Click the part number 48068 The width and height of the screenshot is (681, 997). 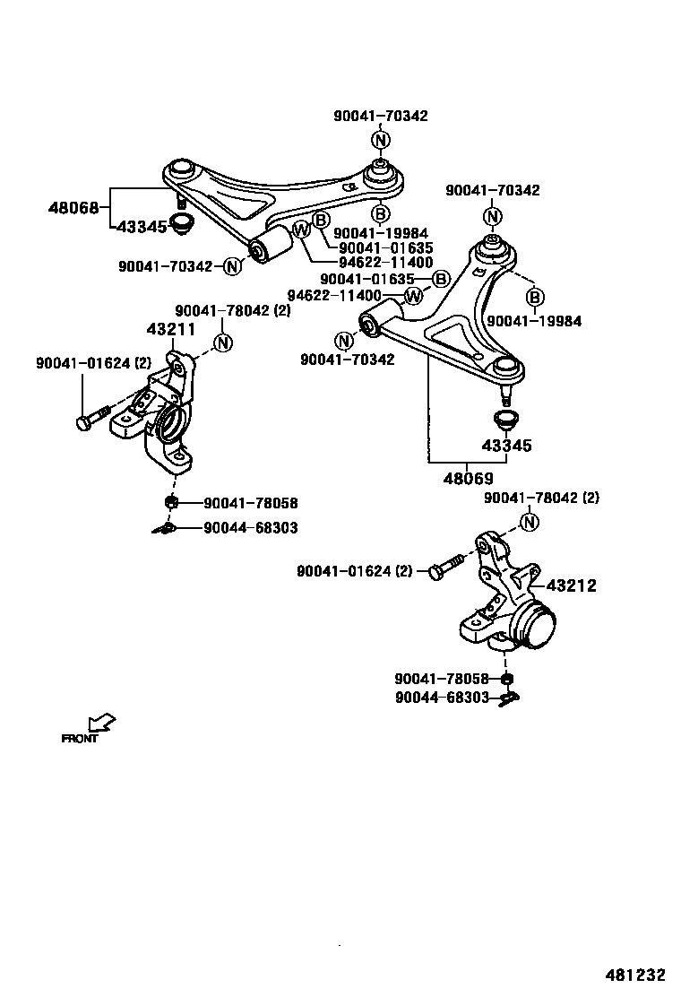tap(73, 208)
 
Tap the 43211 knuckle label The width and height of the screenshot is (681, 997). tap(170, 329)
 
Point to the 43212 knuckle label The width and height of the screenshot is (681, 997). tap(571, 585)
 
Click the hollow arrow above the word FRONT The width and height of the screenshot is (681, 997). tap(102, 722)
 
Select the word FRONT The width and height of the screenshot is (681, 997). tap(79, 740)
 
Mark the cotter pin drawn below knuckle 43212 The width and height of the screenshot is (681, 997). tap(508, 698)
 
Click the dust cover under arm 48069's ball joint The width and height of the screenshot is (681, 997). tap(507, 419)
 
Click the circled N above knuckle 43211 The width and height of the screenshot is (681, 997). tap(223, 342)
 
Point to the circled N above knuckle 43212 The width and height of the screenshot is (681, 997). tap(530, 522)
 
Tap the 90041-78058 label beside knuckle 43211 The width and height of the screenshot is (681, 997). tap(250, 504)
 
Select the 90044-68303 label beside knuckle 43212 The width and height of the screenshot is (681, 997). tap(442, 697)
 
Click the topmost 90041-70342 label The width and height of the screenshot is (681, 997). tap(380, 116)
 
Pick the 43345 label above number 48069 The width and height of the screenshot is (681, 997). tap(506, 446)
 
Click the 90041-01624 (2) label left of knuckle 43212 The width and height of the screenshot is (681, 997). tap(354, 571)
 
